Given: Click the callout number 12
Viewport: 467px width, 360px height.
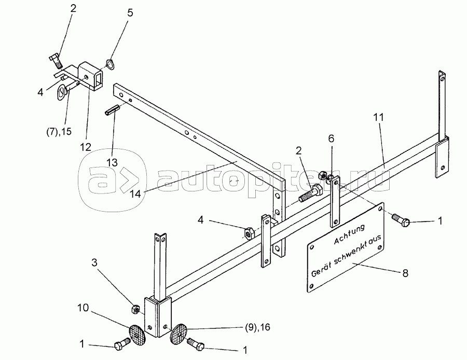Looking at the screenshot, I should click(x=86, y=147).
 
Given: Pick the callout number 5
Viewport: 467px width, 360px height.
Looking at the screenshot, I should click(x=130, y=12).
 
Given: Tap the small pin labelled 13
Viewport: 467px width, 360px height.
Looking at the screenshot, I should click(x=114, y=111).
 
